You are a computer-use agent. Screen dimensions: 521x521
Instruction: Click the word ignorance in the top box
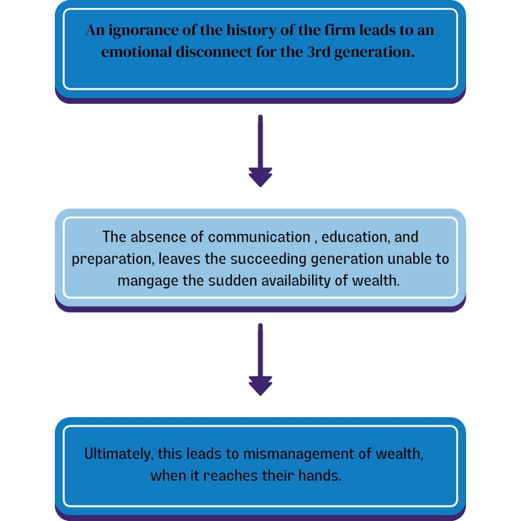(x=140, y=31)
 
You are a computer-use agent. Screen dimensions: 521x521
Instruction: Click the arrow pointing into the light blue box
(x=260, y=153)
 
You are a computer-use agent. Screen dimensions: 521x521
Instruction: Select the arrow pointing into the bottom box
(x=260, y=361)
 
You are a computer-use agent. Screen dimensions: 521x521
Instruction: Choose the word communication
(x=258, y=237)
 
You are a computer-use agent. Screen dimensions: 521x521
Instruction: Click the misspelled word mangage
(x=145, y=280)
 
